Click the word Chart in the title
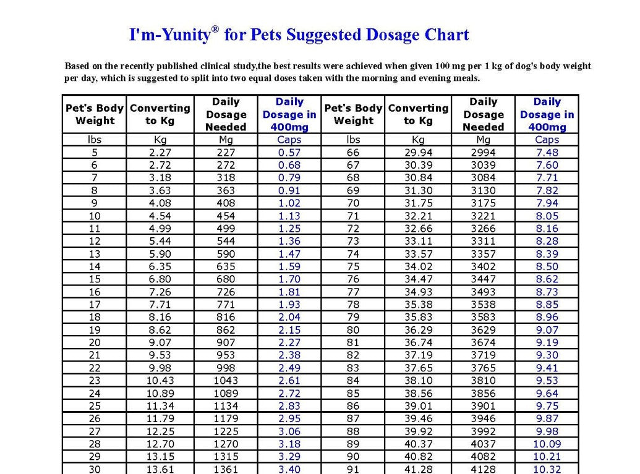click(x=446, y=35)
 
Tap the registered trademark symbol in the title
click(x=215, y=29)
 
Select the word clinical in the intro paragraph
click(x=210, y=66)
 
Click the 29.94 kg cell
click(x=418, y=153)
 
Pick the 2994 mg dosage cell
click(x=483, y=153)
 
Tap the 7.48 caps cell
click(x=547, y=153)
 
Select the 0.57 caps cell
click(x=289, y=153)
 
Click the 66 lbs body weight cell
click(x=353, y=153)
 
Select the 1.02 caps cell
click(x=289, y=203)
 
